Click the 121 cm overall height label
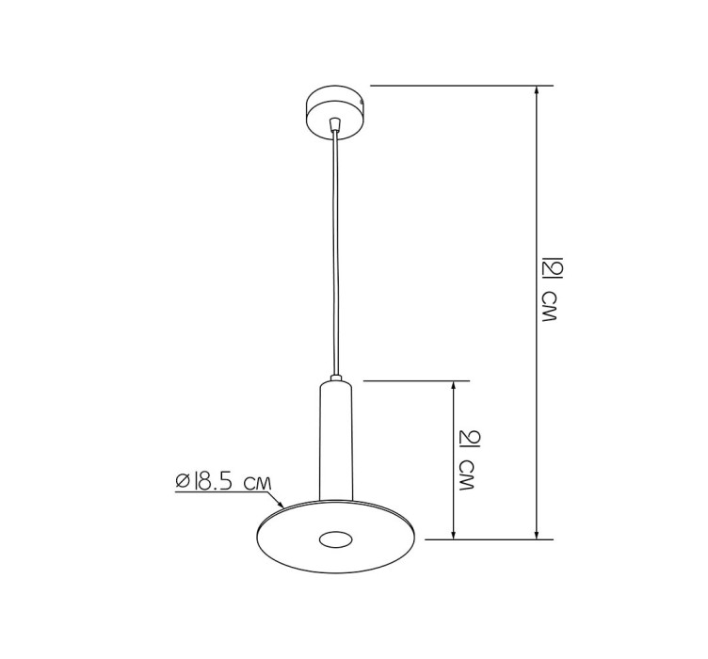pos(550,289)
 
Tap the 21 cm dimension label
pos(467,461)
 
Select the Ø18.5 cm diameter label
pos(224,482)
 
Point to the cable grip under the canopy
pos(334,123)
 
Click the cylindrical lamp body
pos(335,441)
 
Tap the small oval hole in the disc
pos(335,539)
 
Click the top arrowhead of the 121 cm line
pos(536,89)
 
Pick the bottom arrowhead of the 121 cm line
pos(536,535)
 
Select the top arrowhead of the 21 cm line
pos(454,385)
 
